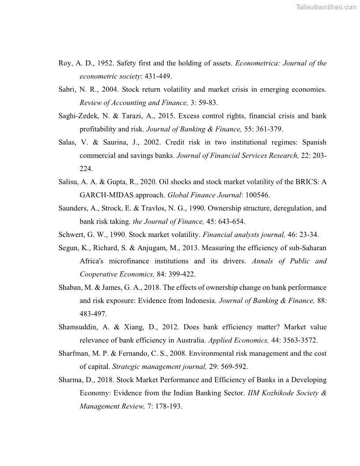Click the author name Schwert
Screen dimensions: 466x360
(71, 234)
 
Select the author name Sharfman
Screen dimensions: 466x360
(73, 353)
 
